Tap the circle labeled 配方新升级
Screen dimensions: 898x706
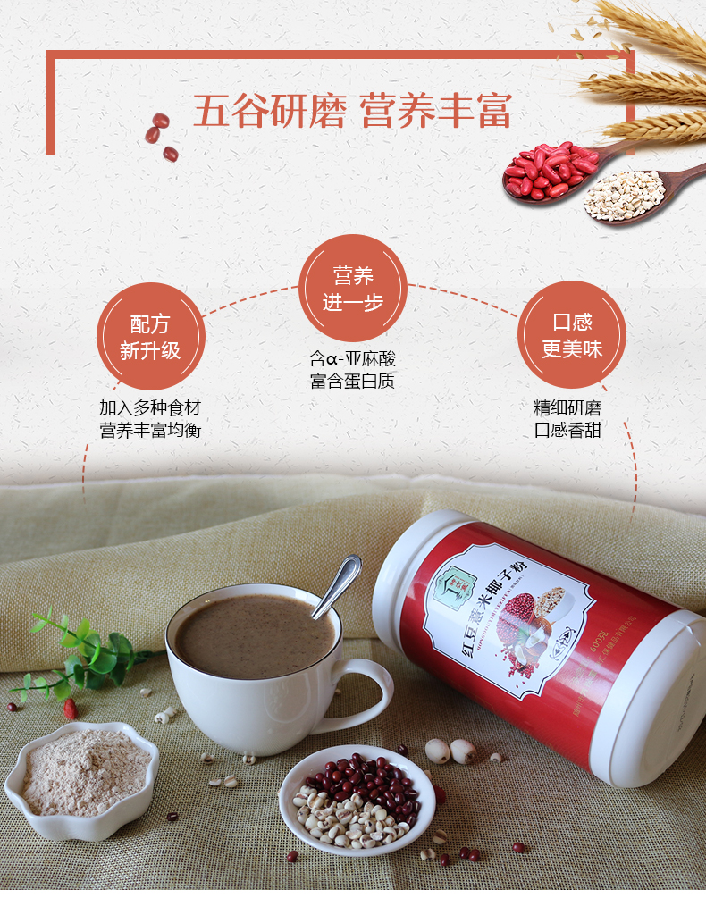[150, 337]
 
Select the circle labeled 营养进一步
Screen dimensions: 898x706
[352, 288]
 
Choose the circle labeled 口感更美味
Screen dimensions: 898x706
[572, 335]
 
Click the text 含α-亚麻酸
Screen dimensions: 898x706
[352, 359]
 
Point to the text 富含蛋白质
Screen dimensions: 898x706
[352, 382]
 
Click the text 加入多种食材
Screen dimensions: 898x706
[150, 408]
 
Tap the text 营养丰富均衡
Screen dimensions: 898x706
[150, 431]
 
